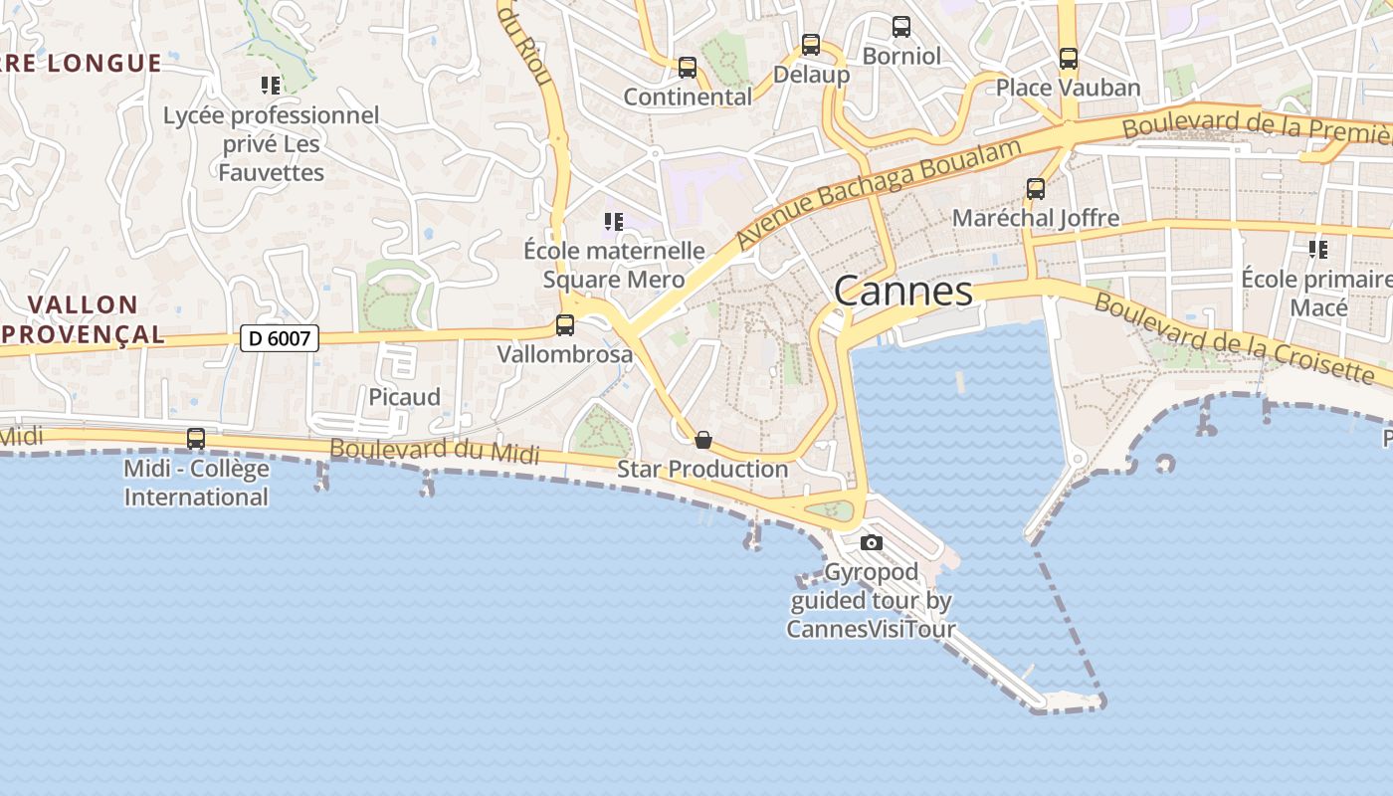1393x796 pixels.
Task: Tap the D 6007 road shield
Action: (x=280, y=338)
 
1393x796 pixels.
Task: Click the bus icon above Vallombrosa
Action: (x=565, y=324)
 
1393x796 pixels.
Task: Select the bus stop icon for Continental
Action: (x=688, y=68)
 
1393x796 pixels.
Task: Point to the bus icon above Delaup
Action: (x=811, y=45)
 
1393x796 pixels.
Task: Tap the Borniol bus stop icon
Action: (x=901, y=27)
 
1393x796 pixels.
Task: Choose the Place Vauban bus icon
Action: (x=1069, y=59)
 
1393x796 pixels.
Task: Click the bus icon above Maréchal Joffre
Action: (x=1036, y=188)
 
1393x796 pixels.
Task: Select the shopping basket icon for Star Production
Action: (x=703, y=440)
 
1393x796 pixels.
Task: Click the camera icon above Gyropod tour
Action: (x=872, y=542)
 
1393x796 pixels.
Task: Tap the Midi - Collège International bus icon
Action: (x=196, y=439)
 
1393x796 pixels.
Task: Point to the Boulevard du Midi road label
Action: (x=434, y=451)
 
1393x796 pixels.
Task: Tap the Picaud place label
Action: (x=404, y=397)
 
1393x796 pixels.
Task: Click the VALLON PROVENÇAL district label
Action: (x=84, y=319)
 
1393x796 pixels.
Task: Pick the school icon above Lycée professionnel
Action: (x=271, y=86)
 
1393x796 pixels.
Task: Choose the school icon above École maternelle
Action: (x=614, y=221)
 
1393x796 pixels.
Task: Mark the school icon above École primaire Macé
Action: (x=1318, y=249)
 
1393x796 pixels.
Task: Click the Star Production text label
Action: (x=702, y=469)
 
